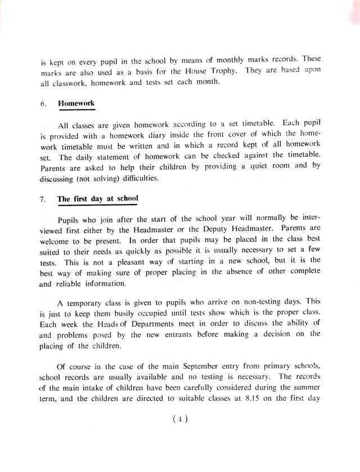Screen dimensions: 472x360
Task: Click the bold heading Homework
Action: coord(76,104)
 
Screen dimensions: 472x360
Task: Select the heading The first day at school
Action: coord(97,199)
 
